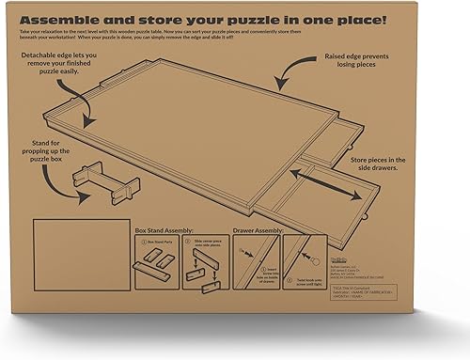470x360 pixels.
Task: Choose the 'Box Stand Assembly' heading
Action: coord(154,228)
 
